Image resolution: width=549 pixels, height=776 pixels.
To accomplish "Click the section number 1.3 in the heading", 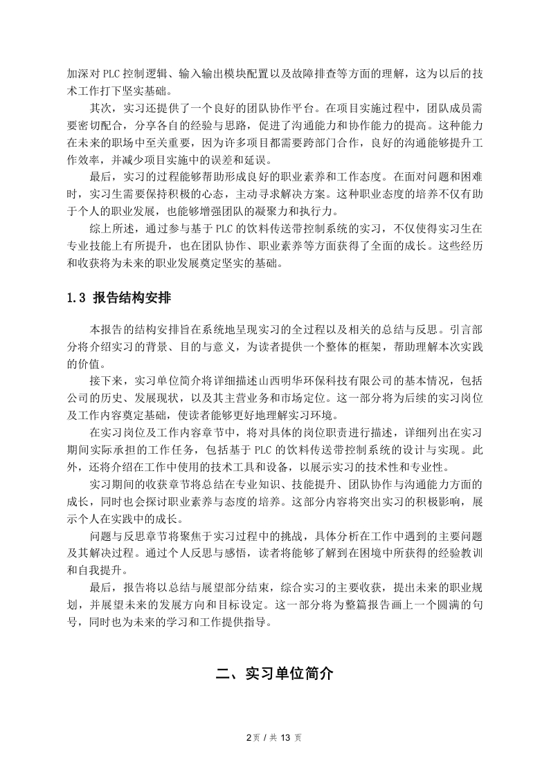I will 76,299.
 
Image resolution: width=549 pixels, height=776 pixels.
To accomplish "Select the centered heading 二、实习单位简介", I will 274,673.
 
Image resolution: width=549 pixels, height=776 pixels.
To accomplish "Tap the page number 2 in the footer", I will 249,737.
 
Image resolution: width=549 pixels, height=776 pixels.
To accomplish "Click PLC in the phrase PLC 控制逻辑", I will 111,73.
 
